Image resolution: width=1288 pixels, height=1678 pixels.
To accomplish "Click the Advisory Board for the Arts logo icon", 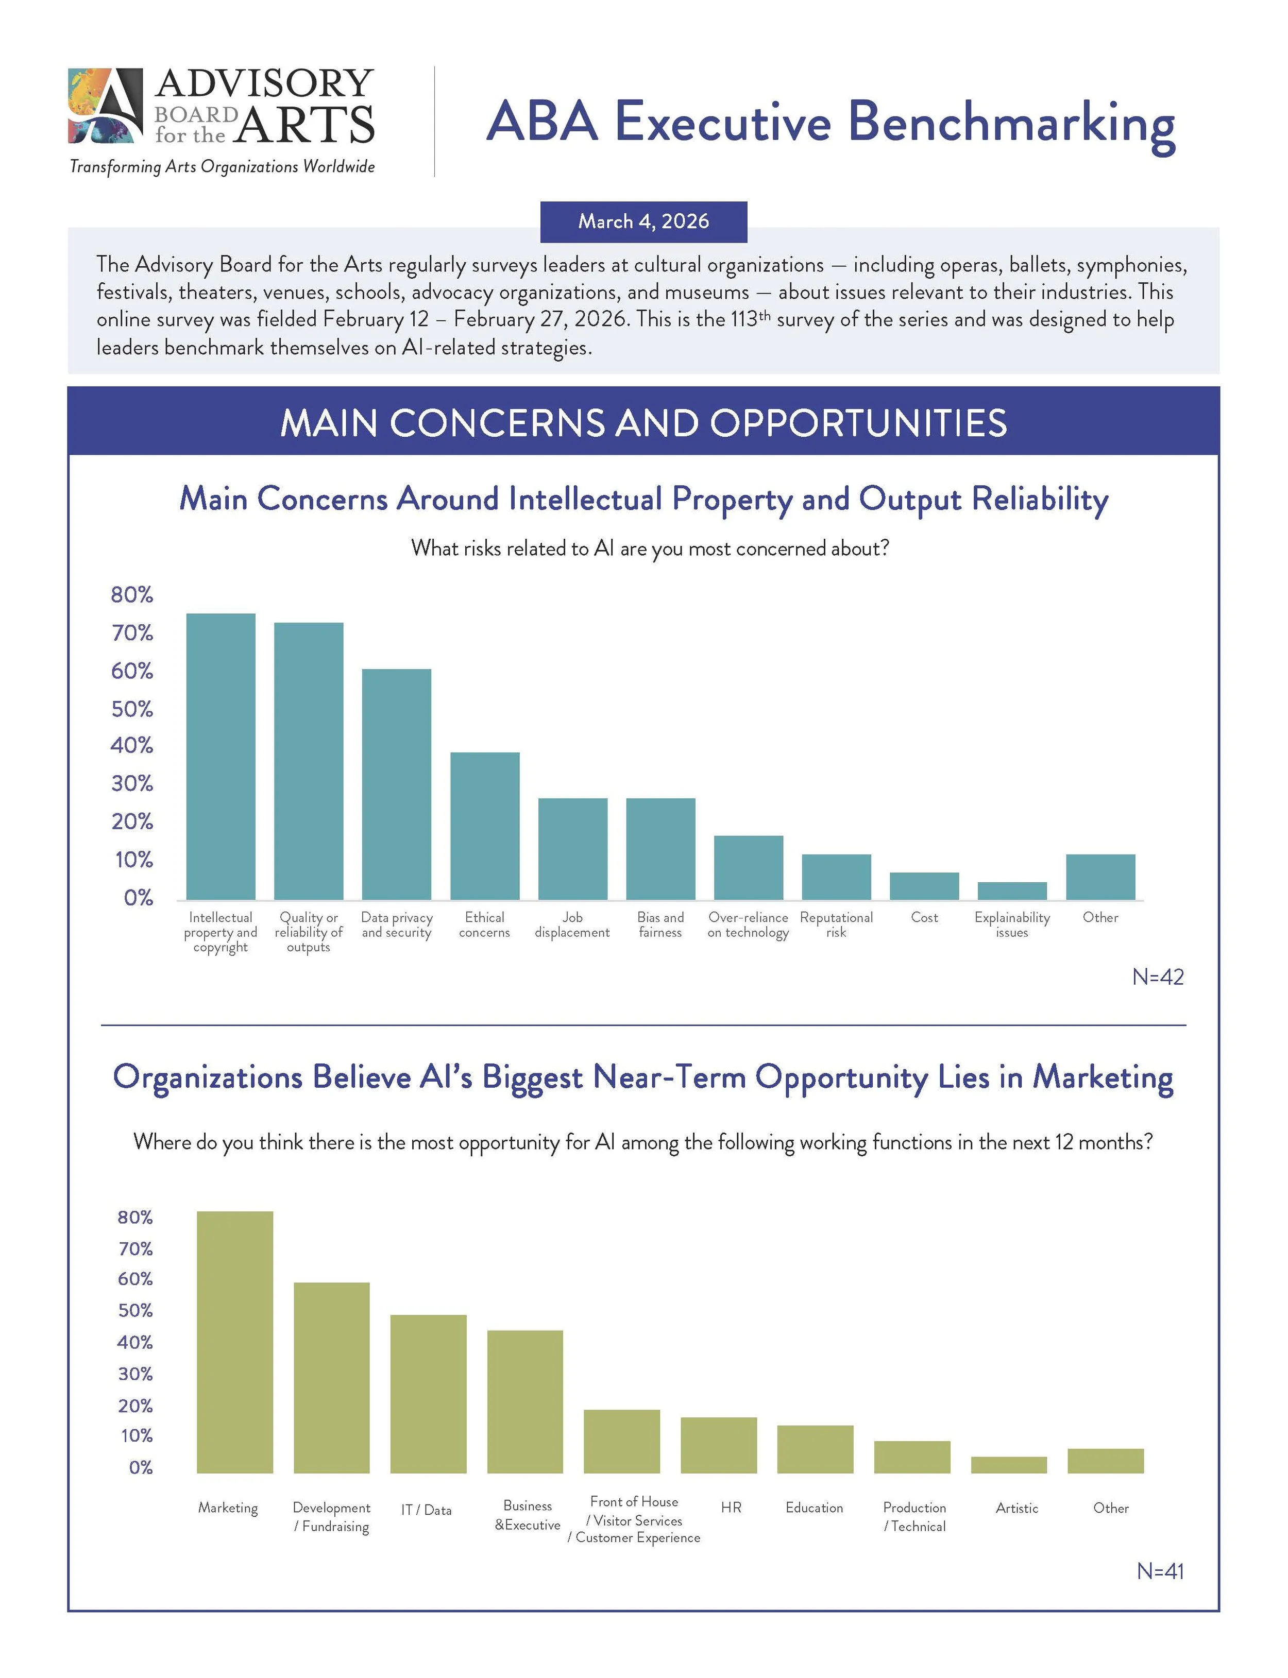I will pos(105,106).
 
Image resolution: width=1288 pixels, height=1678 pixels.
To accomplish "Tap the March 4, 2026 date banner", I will pos(643,221).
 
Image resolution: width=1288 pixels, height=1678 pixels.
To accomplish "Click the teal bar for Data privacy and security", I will pos(396,784).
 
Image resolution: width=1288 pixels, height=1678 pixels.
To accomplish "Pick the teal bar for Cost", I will pos(924,886).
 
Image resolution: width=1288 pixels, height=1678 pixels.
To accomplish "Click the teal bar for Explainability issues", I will pos(1012,891).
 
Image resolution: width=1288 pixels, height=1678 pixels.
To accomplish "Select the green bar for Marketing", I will pos(234,1342).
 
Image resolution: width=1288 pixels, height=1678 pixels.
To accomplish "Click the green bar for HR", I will pos(718,1445).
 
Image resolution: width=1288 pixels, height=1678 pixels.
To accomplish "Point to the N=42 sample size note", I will pos(1158,977).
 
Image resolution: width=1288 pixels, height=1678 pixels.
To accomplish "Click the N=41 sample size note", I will pos(1160,1571).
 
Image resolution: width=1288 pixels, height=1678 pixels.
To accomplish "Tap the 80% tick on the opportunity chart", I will pos(135,1218).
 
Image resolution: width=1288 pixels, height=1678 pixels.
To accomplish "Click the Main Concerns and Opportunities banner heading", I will pos(643,423).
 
